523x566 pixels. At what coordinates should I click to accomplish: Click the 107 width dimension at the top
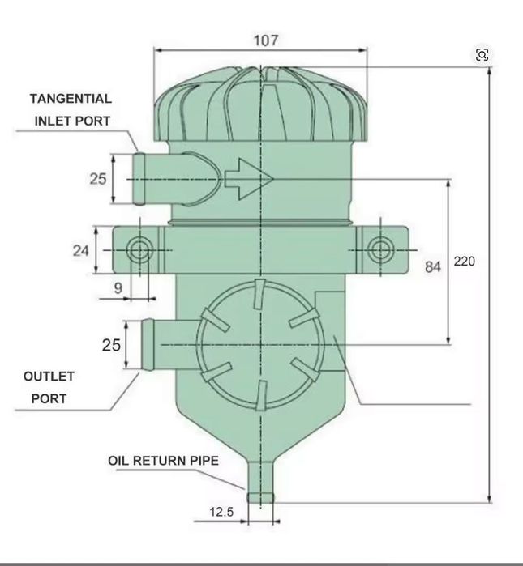coord(260,40)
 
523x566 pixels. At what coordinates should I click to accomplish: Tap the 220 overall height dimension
coord(465,262)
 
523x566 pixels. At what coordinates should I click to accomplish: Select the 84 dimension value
coord(433,266)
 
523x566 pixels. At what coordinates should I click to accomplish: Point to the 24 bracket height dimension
coord(80,251)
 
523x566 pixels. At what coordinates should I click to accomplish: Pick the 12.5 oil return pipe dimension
coord(221,513)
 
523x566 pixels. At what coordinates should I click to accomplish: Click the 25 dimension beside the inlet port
coord(97,179)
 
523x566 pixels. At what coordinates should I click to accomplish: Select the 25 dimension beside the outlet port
coord(111,345)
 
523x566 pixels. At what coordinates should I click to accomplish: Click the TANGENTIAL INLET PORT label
coord(71,110)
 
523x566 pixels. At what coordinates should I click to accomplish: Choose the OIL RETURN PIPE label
coord(163,461)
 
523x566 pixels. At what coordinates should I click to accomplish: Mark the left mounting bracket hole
coord(139,250)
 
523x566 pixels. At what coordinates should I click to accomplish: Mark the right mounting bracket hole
coord(379,250)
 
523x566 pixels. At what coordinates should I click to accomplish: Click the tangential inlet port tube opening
coord(139,179)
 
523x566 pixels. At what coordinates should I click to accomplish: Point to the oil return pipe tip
coord(260,496)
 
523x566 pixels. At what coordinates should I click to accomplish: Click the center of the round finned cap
coord(259,344)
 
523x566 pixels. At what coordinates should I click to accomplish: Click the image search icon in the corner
coord(482,54)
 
